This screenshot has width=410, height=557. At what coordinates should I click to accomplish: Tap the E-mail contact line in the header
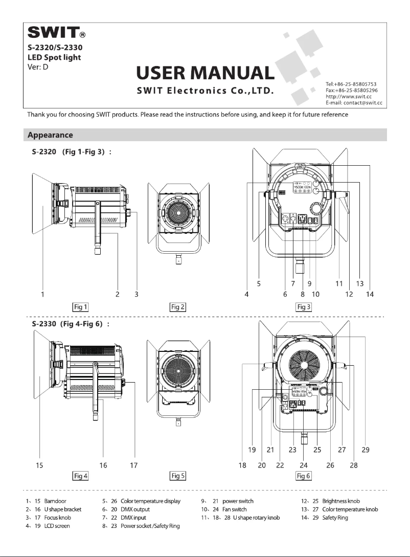tap(354, 103)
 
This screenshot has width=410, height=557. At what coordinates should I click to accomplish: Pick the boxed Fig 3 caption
tap(304, 307)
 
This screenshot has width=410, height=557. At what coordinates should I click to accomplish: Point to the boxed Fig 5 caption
tap(177, 476)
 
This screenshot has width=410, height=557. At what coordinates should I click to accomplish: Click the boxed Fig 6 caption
tap(304, 476)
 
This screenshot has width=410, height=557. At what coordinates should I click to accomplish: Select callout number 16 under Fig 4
tap(104, 465)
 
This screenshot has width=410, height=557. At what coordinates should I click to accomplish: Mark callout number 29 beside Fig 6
tap(366, 450)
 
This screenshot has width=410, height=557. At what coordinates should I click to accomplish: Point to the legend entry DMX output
tap(128, 509)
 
